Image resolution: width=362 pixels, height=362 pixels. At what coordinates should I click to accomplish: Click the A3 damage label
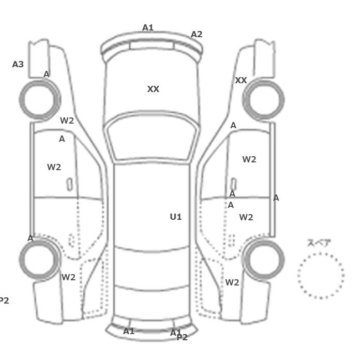point(18,64)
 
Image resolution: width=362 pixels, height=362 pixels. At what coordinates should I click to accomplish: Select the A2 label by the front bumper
point(197,35)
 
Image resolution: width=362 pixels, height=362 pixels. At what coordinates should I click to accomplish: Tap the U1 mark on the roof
point(176,217)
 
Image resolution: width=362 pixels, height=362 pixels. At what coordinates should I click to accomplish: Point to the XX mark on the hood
point(153,89)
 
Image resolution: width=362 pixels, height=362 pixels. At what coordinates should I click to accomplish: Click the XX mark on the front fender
point(241,80)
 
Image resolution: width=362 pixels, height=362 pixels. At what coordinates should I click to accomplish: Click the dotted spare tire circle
point(321,253)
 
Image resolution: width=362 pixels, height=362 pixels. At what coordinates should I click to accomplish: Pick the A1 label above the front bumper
point(148,28)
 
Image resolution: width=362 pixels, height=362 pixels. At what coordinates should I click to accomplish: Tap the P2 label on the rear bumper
point(182,338)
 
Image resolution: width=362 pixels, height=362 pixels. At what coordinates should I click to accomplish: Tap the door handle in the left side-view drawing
point(69,185)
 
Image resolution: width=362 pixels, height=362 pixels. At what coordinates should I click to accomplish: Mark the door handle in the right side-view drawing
point(234,185)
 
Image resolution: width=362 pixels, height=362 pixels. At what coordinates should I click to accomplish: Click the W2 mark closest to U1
point(246,217)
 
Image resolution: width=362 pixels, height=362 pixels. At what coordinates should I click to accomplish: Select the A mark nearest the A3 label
point(47,74)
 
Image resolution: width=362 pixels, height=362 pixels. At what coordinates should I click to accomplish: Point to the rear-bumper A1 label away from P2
point(129,331)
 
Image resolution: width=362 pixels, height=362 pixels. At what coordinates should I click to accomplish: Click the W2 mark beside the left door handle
point(54,167)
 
